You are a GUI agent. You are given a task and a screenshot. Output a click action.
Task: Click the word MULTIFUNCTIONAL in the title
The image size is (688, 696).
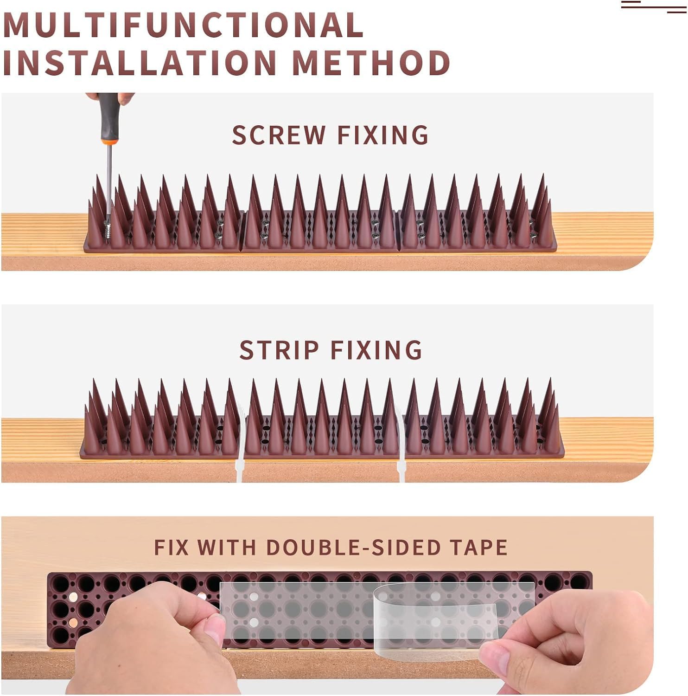pos(183,25)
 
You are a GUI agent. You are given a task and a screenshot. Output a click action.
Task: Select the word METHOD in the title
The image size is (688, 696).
pos(371,63)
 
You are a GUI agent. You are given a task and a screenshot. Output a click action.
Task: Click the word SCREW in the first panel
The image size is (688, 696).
pos(279,135)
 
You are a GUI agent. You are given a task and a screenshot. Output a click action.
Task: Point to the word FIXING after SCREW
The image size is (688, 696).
pos(383,135)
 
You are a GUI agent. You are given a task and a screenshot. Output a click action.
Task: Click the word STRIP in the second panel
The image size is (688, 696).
pos(279,350)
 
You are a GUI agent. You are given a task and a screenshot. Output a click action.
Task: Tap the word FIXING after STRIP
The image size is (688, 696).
pos(376,350)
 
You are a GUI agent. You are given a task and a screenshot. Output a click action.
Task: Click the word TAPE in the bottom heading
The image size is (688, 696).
pos(479,548)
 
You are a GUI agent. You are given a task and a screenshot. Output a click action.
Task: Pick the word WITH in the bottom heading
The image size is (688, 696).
pos(227,548)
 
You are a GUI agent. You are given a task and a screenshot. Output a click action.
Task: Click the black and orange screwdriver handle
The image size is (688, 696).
pos(109,118)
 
